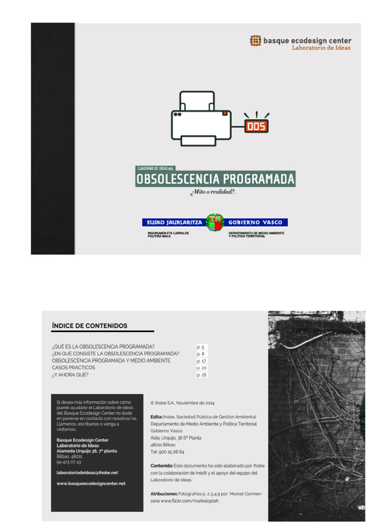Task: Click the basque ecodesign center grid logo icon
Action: (255, 40)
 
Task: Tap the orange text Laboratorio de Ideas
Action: (321, 48)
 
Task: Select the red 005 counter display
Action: (256, 126)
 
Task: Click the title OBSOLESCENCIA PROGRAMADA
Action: (215, 179)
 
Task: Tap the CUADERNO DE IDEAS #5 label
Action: (156, 168)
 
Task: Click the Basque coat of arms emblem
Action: (215, 223)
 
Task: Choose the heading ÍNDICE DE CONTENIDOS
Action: (89, 326)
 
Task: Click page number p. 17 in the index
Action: (201, 361)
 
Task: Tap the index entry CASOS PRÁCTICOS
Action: (73, 368)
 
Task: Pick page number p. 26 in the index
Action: (201, 375)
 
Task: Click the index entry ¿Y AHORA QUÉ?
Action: (70, 375)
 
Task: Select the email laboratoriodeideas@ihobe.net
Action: (87, 472)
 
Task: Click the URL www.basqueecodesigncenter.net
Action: (90, 483)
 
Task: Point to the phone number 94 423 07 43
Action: (69, 462)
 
